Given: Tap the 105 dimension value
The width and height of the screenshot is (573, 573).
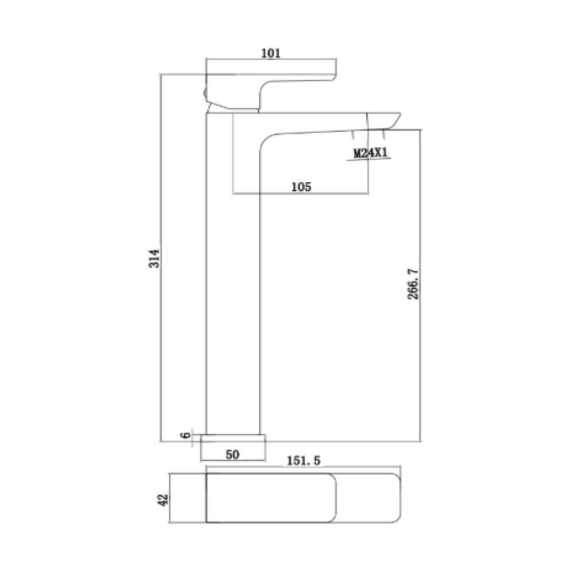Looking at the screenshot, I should pos(301,186).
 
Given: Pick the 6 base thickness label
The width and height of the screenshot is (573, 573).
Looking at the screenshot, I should pos(185,435).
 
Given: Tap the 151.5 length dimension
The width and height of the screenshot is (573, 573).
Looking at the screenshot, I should pos(303,460).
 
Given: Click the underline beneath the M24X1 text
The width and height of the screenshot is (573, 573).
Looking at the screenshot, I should pos(369,160).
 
